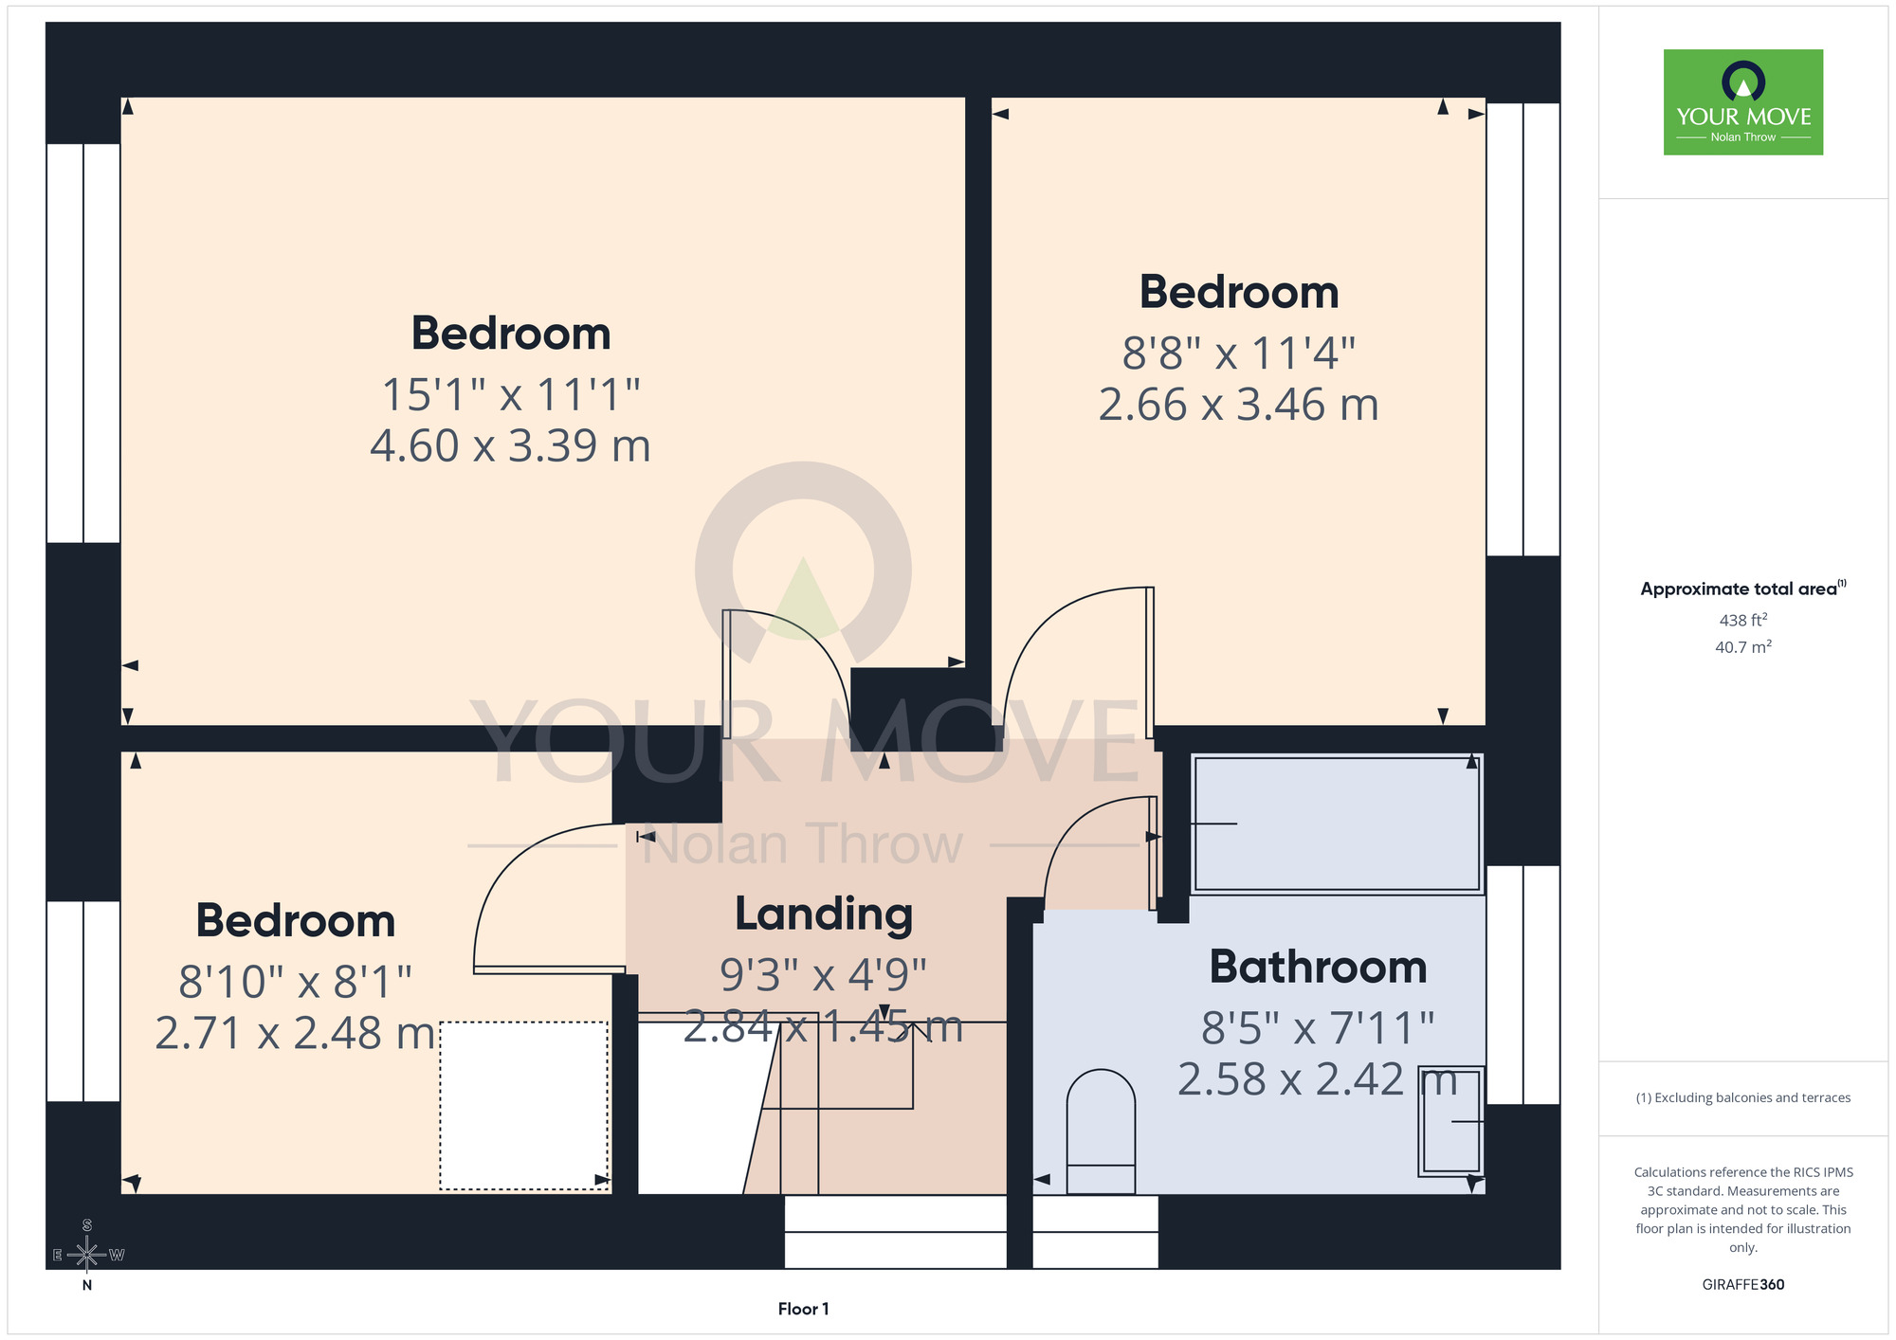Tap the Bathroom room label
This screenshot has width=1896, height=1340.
tap(1318, 967)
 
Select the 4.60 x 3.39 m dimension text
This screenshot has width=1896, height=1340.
tap(510, 445)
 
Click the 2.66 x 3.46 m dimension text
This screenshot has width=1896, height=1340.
tap(1238, 405)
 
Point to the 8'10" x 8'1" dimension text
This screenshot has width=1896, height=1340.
tap(295, 982)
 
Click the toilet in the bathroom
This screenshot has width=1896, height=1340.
tap(1101, 1132)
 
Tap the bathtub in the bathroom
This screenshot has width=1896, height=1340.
tap(1337, 824)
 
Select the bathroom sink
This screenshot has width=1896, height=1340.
tap(1450, 1121)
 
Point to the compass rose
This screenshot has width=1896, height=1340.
tap(87, 1255)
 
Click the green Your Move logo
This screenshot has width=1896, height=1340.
tap(1743, 102)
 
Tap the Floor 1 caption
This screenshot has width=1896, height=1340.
tap(803, 1309)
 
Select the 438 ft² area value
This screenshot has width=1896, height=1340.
tap(1743, 620)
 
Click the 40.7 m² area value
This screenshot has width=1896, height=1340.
tap(1743, 647)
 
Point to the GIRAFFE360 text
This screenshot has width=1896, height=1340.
tap(1743, 1285)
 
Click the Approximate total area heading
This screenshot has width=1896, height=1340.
tap(1743, 589)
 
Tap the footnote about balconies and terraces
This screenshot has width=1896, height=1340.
tap(1743, 1097)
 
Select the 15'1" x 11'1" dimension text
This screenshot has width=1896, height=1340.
tap(511, 394)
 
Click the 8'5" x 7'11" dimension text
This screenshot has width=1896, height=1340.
tap(1318, 1027)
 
